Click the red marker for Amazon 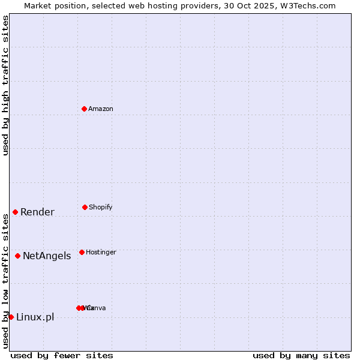(85, 109)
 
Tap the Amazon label (100, 109)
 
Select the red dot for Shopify (85, 207)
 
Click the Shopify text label (100, 207)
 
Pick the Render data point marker (15, 212)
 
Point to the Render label (37, 212)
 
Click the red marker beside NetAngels (17, 256)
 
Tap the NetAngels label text (47, 256)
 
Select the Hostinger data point (82, 252)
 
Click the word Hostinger (101, 252)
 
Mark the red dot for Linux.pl (11, 317)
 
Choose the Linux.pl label (35, 317)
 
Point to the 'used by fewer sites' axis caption (62, 355)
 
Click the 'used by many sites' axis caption (301, 355)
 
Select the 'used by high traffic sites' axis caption (5, 85)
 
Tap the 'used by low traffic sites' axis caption (5, 281)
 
